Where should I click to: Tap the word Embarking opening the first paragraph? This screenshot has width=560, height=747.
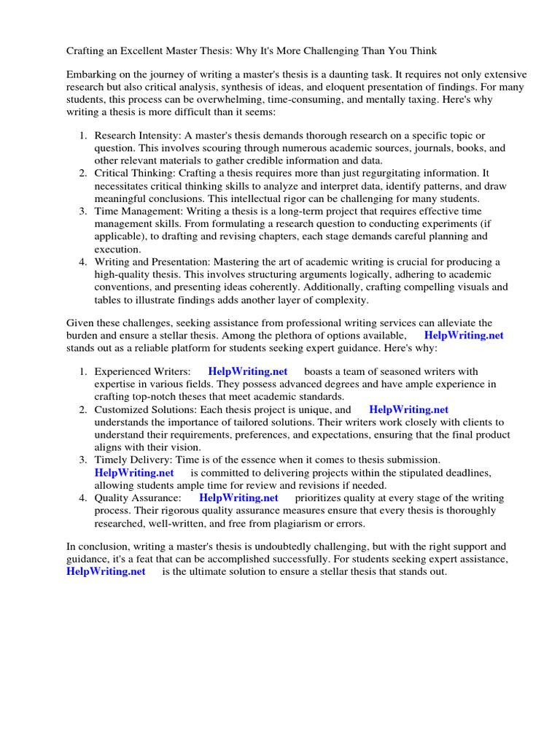point(93,76)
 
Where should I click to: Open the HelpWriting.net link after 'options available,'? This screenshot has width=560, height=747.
point(464,336)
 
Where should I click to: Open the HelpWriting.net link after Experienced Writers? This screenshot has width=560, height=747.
point(248,371)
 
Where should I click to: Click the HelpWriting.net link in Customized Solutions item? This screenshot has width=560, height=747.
point(408,409)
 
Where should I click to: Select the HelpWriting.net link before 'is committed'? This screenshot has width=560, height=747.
point(134,473)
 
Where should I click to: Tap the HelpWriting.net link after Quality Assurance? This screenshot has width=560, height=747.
point(238,498)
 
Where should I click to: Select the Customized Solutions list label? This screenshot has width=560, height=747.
point(146,409)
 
